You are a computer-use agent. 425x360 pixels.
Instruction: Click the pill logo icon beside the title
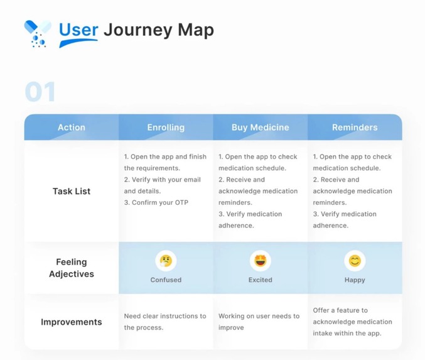(x=37, y=33)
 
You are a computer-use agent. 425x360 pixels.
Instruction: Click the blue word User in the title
(x=78, y=30)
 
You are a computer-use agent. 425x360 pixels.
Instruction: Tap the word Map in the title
(x=193, y=30)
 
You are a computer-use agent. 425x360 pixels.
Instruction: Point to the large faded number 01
(x=40, y=92)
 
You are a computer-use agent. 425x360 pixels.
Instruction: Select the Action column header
(x=72, y=127)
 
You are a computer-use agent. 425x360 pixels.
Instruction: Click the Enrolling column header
(x=166, y=127)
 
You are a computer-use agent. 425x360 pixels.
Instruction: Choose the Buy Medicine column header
(x=260, y=127)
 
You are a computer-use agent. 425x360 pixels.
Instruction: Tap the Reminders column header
(x=355, y=127)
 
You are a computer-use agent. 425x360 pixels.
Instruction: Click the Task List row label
(x=72, y=191)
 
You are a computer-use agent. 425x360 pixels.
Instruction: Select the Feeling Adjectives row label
(x=72, y=268)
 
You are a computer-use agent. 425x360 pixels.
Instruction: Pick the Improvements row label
(x=72, y=322)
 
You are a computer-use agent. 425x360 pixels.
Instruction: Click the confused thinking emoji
(x=166, y=260)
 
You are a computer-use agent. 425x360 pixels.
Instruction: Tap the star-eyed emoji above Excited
(x=260, y=260)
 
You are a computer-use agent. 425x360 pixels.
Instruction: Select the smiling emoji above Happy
(x=355, y=260)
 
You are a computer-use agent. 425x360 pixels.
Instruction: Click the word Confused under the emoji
(x=166, y=280)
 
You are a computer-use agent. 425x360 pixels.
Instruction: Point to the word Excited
(x=260, y=280)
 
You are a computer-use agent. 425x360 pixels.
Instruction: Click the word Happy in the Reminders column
(x=355, y=280)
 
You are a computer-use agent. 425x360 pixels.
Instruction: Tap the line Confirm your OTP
(x=156, y=202)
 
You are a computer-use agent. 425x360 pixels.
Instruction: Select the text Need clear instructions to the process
(x=164, y=322)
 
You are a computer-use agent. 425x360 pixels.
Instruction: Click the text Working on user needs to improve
(x=259, y=322)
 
